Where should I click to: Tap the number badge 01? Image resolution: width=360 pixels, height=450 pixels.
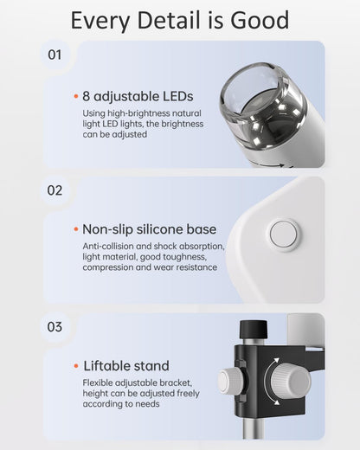click(55, 55)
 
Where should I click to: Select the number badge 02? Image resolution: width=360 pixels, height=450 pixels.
click(55, 190)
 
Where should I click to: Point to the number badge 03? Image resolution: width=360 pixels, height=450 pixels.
click(55, 326)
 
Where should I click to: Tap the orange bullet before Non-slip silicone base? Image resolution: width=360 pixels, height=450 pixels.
click(75, 229)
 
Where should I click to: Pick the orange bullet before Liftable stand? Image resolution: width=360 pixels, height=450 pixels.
click(75, 365)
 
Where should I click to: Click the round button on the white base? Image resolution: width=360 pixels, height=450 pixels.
click(284, 235)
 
